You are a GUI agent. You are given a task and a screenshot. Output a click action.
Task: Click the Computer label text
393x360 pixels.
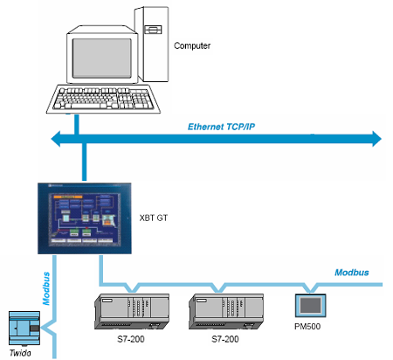(x=192, y=45)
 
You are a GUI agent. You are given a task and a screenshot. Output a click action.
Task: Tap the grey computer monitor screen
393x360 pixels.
(x=101, y=59)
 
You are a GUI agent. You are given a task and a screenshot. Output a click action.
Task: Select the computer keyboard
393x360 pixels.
(x=103, y=99)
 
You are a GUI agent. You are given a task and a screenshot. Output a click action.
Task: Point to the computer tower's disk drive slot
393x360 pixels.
(x=153, y=30)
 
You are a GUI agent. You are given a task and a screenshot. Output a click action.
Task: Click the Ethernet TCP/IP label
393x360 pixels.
(x=221, y=127)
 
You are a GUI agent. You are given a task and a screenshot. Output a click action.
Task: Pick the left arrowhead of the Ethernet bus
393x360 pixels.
(x=56, y=139)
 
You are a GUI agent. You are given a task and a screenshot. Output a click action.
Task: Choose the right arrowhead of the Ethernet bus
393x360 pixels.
(x=377, y=139)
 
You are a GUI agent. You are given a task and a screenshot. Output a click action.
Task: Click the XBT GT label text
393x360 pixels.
(x=154, y=218)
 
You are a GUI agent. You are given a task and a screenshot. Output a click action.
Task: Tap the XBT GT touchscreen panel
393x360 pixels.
(x=85, y=218)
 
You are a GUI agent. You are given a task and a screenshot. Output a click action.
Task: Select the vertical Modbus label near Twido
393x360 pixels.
(x=46, y=288)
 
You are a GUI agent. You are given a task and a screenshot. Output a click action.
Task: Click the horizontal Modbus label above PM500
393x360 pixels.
(x=352, y=273)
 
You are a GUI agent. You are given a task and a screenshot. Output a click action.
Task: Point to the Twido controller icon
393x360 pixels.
(x=24, y=329)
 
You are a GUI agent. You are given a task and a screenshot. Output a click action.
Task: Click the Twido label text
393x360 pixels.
(x=20, y=353)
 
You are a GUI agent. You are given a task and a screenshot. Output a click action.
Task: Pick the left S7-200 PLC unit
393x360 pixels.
(x=132, y=311)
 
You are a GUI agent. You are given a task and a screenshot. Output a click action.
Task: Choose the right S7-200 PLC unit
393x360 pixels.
(x=226, y=311)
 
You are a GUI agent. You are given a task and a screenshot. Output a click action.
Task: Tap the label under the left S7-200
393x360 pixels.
(x=131, y=339)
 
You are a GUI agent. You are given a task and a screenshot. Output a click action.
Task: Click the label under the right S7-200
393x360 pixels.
(x=225, y=339)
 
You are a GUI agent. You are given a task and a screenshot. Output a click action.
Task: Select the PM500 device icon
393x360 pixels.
(x=310, y=305)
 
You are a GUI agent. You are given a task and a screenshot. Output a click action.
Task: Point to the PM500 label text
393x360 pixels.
(x=307, y=326)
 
